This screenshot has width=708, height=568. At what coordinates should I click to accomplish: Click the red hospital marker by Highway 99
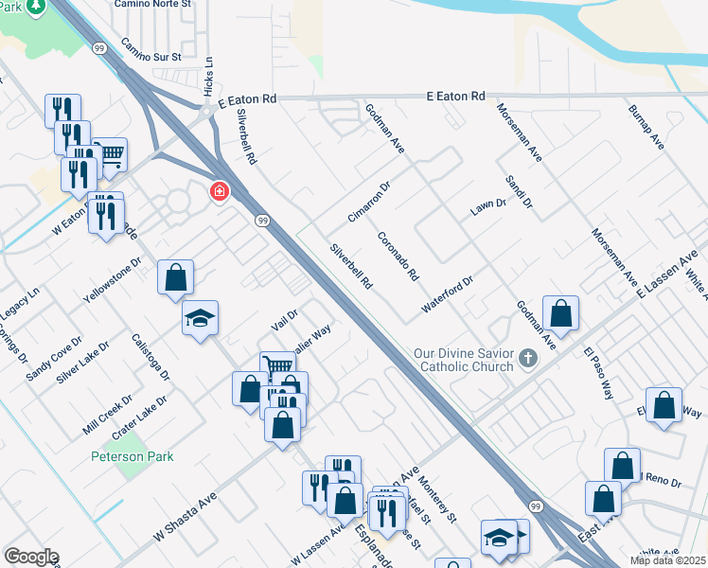220,192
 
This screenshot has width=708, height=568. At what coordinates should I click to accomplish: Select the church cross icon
528,359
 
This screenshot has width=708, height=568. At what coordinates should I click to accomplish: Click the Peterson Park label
133,456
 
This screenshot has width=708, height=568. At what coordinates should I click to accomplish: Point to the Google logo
31,557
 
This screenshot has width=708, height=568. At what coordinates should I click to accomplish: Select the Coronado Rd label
398,257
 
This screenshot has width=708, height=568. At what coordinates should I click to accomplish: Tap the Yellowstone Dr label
112,279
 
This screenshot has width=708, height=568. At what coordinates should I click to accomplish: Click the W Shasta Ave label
185,517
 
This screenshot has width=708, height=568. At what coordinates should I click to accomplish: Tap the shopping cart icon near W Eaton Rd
110,152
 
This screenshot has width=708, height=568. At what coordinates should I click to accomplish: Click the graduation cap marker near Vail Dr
201,318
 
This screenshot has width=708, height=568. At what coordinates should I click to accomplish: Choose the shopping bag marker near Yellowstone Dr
176,277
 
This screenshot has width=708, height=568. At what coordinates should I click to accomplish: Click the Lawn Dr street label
489,208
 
